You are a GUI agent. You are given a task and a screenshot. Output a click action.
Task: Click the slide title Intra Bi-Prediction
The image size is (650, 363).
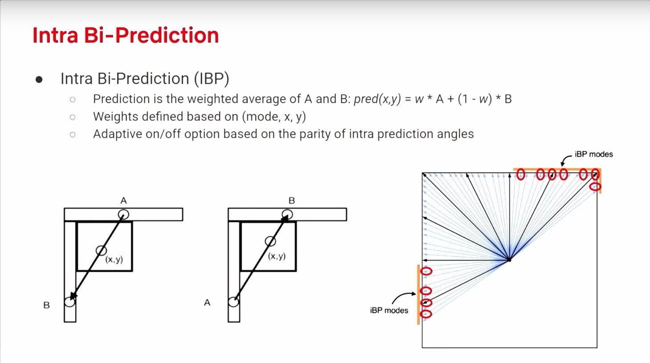(126, 36)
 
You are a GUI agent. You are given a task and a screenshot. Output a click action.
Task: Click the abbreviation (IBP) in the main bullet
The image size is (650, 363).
(211, 79)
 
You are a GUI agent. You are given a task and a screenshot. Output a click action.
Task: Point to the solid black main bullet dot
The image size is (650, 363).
(39, 80)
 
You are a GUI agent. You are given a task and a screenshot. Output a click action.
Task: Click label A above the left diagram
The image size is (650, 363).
(123, 201)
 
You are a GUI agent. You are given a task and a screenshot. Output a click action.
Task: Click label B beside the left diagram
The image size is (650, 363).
(46, 305)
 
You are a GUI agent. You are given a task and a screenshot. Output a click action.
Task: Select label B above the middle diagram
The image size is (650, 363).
(292, 201)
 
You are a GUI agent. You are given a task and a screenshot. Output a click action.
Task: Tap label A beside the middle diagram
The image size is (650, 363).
(207, 302)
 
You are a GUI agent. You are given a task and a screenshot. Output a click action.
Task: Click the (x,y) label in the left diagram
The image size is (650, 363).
(114, 259)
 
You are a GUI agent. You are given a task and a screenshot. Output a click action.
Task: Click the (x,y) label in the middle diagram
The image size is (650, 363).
(276, 256)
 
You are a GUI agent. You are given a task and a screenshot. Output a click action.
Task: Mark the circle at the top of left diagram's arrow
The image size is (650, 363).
(123, 214)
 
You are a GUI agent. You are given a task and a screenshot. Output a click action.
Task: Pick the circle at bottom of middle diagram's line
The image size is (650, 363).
(233, 302)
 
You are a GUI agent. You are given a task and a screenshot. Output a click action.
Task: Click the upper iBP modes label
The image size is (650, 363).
(593, 154)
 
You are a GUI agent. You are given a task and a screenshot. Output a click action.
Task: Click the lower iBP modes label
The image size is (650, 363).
(389, 311)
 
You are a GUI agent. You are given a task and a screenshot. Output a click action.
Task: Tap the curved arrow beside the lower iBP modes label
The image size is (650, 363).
(403, 297)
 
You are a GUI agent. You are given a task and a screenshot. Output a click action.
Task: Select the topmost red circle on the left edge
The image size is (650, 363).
(427, 271)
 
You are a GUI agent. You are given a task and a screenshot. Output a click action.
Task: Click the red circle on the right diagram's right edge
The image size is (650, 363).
(595, 187)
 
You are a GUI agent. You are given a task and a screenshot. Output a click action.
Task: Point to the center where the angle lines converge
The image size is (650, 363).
(509, 260)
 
